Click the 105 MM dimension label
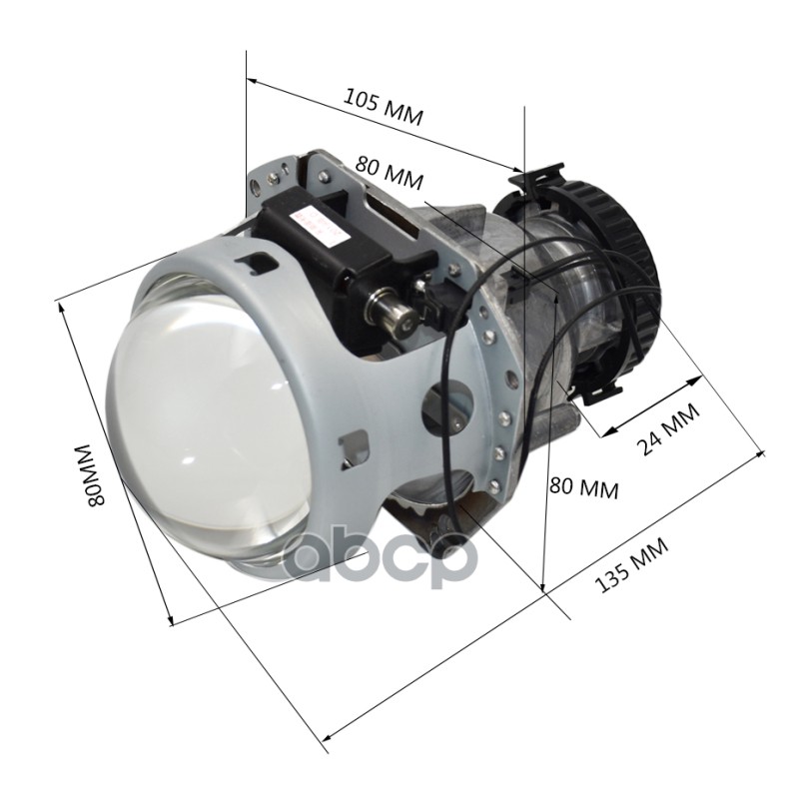click(x=384, y=107)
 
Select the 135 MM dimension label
click(x=631, y=565)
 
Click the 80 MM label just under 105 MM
click(x=390, y=173)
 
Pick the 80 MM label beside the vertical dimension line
click(x=584, y=487)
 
